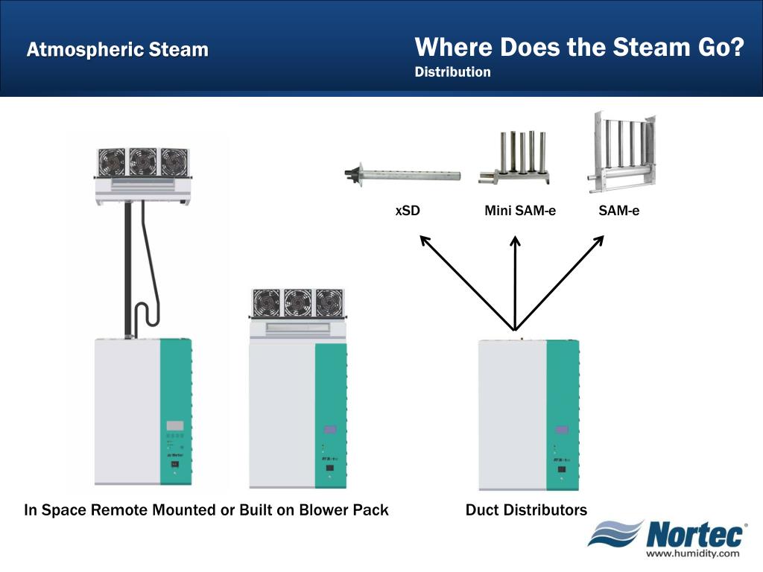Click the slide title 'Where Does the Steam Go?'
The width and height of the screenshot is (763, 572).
(x=580, y=48)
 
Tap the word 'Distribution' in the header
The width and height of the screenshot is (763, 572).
(x=452, y=72)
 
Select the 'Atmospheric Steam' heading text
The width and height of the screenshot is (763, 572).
(x=118, y=50)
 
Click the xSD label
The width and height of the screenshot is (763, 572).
(x=408, y=211)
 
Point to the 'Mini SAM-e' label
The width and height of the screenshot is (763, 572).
(x=520, y=211)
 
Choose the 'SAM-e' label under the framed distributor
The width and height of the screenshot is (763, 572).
(x=618, y=211)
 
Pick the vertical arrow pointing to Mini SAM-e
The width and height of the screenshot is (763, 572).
(x=515, y=283)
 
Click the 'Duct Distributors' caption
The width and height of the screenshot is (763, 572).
(x=526, y=510)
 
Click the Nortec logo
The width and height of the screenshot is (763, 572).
(x=667, y=535)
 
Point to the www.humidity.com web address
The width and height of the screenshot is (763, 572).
(x=692, y=553)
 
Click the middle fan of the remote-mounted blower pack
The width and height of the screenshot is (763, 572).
(x=142, y=161)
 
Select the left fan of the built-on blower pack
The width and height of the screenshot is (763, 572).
(x=266, y=302)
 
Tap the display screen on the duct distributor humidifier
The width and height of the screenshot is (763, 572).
(x=562, y=430)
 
